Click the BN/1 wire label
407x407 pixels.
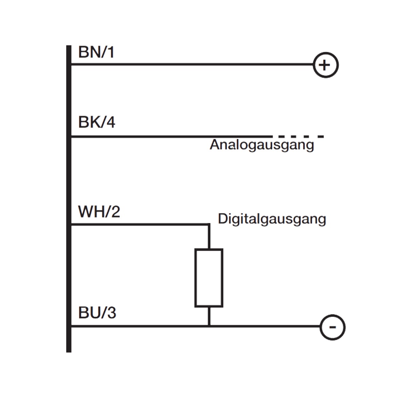click(96, 53)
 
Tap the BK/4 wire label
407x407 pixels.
click(97, 122)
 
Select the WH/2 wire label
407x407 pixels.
click(99, 212)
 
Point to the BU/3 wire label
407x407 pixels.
click(97, 313)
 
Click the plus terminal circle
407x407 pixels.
click(325, 65)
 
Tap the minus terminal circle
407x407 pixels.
click(332, 327)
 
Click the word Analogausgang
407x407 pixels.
click(262, 145)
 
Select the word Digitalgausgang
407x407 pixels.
click(272, 219)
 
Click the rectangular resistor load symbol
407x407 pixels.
click(209, 278)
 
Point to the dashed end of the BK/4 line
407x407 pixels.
click(298, 137)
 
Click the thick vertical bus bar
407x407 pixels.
click(69, 198)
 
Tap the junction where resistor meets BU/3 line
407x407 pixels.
click(209, 326)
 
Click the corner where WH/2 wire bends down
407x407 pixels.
click(209, 224)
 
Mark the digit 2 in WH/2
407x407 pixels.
click(115, 212)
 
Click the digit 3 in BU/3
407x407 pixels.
click(111, 313)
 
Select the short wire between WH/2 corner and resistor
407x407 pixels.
click(209, 237)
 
